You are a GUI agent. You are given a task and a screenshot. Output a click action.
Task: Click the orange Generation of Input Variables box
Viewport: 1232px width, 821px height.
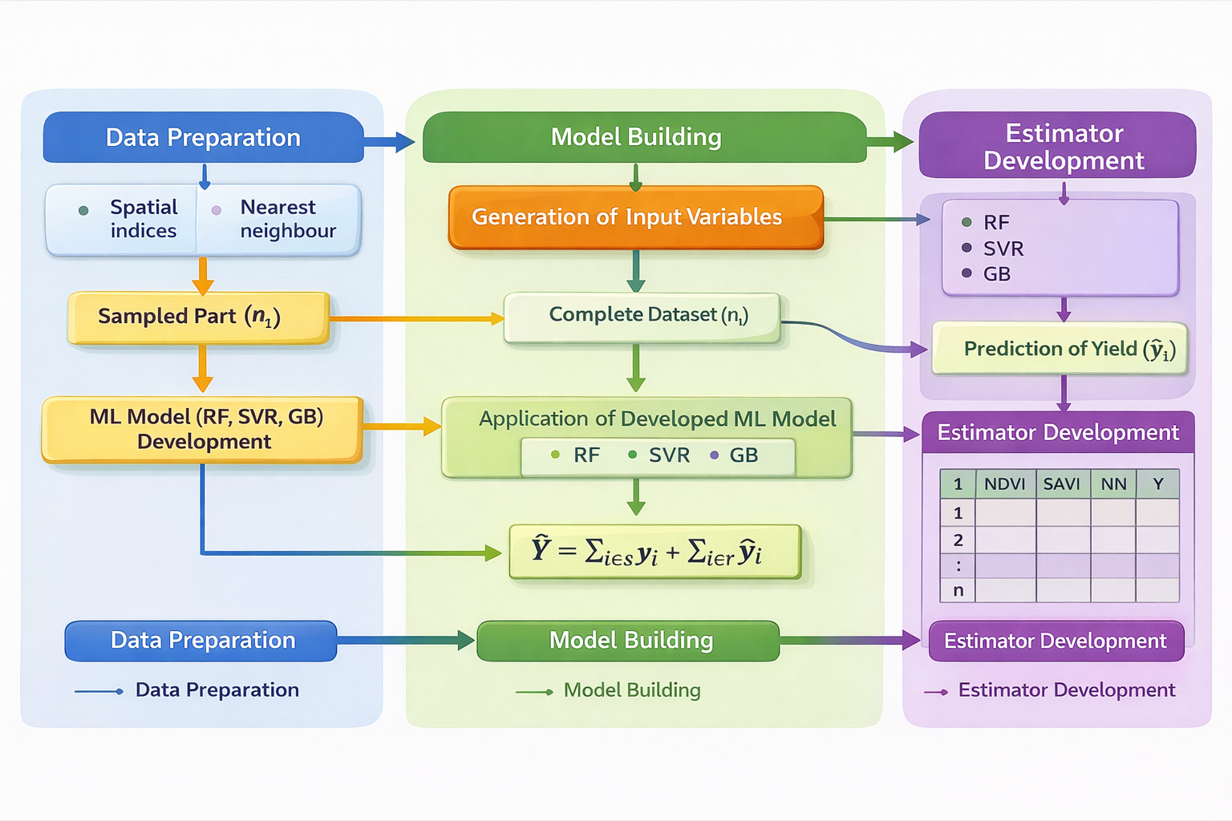click(635, 217)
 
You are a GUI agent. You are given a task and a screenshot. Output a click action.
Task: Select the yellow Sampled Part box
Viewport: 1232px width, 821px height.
click(199, 317)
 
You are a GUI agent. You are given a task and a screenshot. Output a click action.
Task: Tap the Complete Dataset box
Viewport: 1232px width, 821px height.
click(642, 317)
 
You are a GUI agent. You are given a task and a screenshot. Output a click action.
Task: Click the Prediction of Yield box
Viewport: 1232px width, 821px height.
click(1059, 349)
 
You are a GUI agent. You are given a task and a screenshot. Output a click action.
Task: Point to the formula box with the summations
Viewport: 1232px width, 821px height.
click(654, 552)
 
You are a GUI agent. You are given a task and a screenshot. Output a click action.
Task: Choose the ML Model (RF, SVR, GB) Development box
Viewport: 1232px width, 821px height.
click(203, 430)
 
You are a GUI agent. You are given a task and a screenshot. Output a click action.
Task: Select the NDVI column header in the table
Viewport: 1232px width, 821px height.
click(1004, 484)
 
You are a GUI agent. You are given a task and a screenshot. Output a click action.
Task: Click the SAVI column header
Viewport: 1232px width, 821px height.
click(1062, 484)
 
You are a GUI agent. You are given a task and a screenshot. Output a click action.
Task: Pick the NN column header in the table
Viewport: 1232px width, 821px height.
click(1113, 484)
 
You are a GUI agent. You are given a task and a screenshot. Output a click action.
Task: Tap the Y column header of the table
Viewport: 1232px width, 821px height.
click(1157, 484)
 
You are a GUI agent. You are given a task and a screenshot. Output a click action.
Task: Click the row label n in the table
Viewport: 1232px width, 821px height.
click(958, 591)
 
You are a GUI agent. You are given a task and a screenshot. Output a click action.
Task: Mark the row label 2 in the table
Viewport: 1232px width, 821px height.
click(958, 540)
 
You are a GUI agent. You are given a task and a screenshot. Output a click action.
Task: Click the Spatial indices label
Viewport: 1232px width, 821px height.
click(143, 219)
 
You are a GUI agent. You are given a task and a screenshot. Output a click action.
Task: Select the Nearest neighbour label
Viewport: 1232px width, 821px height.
click(287, 219)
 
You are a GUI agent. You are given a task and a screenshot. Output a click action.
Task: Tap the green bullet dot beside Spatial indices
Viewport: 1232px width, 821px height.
click(83, 211)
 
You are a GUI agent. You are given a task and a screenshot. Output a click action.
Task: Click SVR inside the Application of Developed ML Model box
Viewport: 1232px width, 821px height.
click(668, 455)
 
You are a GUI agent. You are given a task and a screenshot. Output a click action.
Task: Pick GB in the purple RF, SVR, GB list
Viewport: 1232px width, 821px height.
click(996, 274)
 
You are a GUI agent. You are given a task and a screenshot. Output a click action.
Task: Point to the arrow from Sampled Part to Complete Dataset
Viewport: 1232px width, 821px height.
click(417, 318)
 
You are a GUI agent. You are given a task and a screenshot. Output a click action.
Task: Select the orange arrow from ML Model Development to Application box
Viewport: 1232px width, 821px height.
click(401, 427)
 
